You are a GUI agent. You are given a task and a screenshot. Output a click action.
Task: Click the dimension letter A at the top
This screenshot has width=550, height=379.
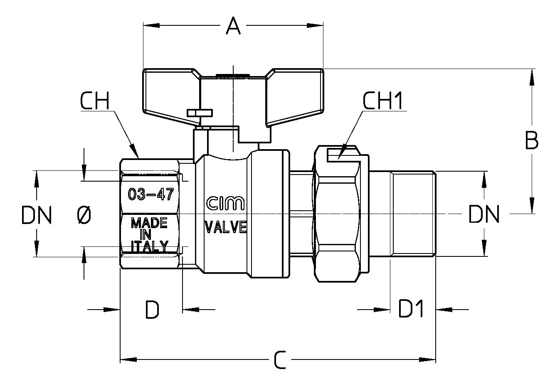click(x=233, y=26)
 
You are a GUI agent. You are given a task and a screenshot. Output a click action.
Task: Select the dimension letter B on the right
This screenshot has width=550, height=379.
click(x=532, y=140)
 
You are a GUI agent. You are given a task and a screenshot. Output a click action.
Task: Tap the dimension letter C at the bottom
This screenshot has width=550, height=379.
click(x=280, y=360)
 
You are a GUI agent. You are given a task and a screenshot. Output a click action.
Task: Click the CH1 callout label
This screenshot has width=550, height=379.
click(x=383, y=101)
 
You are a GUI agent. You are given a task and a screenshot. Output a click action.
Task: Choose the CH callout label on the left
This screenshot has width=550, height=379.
click(x=95, y=101)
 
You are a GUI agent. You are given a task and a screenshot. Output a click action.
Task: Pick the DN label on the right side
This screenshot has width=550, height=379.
click(x=484, y=214)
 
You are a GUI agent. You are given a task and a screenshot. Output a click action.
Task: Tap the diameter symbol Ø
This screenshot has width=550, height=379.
click(x=84, y=215)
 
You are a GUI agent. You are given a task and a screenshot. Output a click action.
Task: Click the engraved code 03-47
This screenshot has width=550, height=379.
click(x=151, y=194)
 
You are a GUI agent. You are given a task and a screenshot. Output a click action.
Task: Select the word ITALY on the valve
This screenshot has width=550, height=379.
click(x=150, y=246)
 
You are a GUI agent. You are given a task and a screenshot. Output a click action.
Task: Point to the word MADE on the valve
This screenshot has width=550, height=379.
click(x=149, y=223)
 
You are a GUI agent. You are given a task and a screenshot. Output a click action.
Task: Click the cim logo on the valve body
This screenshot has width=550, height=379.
click(x=225, y=204)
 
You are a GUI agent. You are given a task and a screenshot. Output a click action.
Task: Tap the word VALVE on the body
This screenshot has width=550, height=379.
click(x=226, y=227)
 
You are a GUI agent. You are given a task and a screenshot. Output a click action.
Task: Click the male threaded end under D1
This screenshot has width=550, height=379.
click(x=413, y=214)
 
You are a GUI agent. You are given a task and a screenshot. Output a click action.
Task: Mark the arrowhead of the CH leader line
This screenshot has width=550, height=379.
click(x=134, y=151)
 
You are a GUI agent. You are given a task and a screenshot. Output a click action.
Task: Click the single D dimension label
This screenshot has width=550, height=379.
click(x=152, y=310)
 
